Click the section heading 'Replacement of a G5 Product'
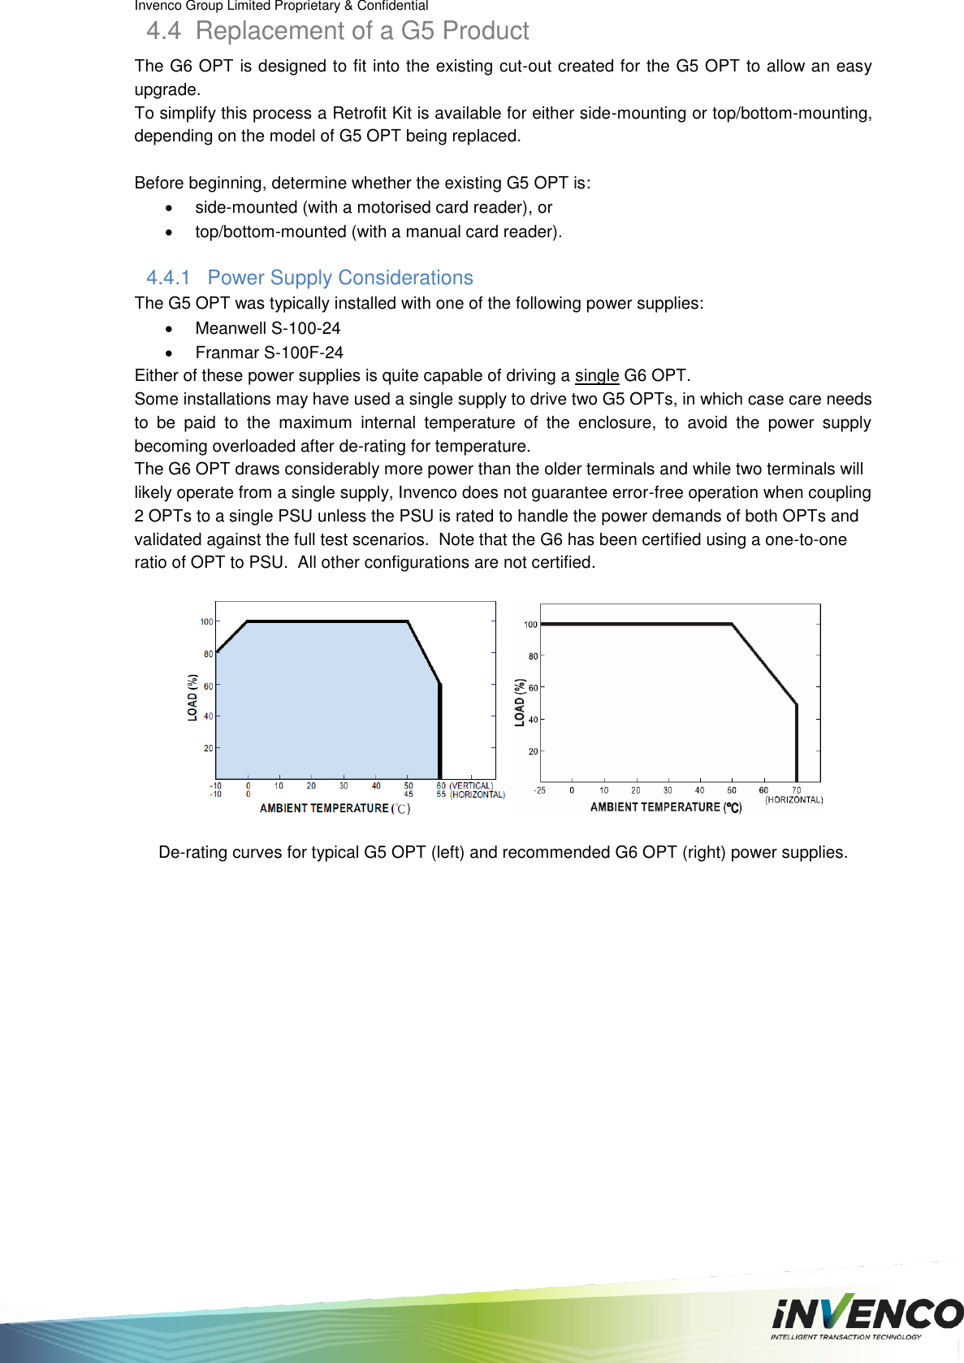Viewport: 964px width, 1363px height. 361,31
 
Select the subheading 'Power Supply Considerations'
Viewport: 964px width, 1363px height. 339,278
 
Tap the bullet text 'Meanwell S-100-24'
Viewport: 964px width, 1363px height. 267,328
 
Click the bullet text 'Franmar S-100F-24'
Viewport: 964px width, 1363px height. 269,353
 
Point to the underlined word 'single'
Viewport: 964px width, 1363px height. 596,375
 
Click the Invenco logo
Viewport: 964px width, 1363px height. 867,1313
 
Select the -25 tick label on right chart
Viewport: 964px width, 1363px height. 539,790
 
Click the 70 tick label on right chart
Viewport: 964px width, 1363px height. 796,790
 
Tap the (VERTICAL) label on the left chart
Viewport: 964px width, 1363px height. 471,785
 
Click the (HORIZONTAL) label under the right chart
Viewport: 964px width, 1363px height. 793,800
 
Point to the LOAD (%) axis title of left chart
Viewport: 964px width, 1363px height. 192,697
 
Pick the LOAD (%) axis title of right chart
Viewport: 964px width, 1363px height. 520,703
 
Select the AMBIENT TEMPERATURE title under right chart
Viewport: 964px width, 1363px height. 665,807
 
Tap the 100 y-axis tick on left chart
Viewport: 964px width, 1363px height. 206,622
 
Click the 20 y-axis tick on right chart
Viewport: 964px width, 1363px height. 533,751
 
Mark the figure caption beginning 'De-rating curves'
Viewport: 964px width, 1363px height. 503,852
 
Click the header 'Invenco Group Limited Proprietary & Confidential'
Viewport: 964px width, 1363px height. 281,6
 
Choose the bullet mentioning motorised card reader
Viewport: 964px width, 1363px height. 373,207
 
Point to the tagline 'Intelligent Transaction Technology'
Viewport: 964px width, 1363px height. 845,1337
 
